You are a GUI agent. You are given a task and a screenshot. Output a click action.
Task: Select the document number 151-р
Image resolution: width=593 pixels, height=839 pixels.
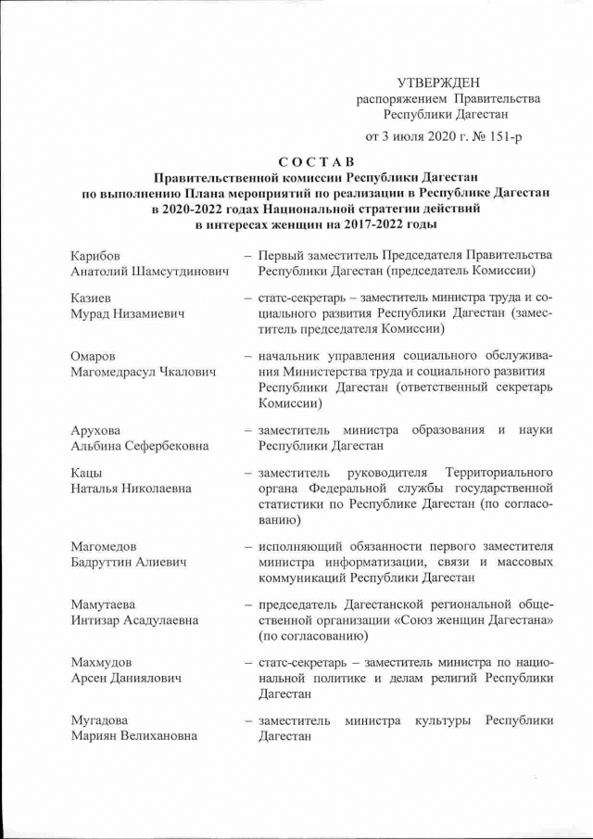[x=504, y=137]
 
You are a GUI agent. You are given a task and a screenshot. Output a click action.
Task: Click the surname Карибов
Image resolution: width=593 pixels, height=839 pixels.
[x=95, y=255]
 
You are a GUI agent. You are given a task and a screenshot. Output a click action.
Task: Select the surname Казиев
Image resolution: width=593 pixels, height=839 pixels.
[x=92, y=299]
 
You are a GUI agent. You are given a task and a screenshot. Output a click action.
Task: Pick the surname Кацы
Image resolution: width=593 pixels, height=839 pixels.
[x=87, y=473]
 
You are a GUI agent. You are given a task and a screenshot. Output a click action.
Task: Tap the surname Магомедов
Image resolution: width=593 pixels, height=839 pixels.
[x=104, y=546]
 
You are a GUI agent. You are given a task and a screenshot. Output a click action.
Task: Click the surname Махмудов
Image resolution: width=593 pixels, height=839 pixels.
[x=101, y=663]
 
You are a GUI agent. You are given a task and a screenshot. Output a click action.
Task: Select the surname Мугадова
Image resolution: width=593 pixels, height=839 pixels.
[x=101, y=720]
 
